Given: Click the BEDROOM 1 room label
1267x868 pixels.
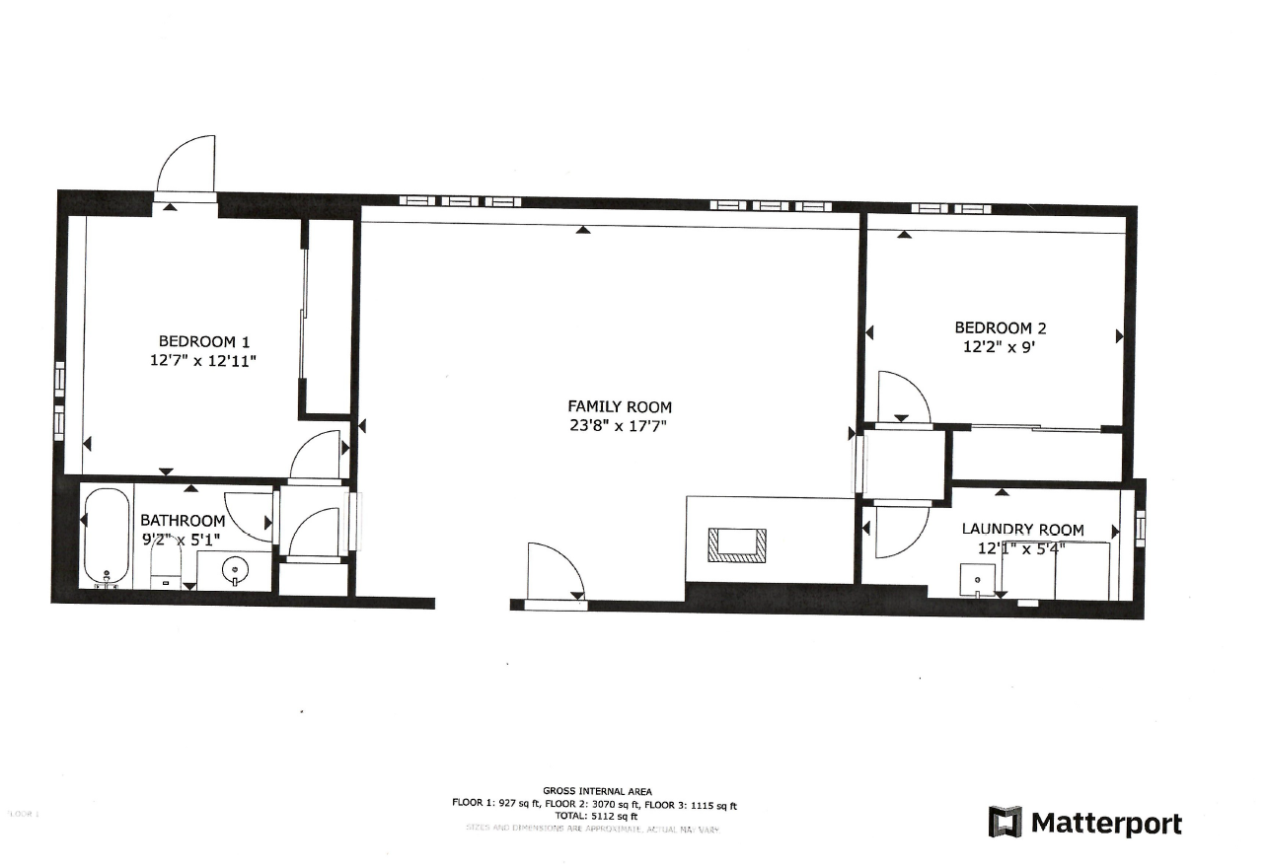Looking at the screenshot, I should pyautogui.click(x=202, y=341).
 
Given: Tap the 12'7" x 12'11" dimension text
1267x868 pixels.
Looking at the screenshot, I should pyautogui.click(x=202, y=361).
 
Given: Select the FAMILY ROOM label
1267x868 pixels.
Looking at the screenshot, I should pyautogui.click(x=620, y=406).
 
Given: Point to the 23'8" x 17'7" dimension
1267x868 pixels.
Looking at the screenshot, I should pyautogui.click(x=620, y=426).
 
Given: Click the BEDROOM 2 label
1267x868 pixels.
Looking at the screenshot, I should pyautogui.click(x=1000, y=327).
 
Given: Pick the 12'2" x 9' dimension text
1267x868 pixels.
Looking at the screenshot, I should pyautogui.click(x=1000, y=347).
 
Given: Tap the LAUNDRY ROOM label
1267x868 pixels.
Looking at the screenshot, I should pyautogui.click(x=1022, y=530).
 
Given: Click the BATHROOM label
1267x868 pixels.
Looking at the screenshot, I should pyautogui.click(x=183, y=520).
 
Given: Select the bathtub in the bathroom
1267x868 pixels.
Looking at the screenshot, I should pyautogui.click(x=106, y=539).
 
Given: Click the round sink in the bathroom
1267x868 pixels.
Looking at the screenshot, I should pyautogui.click(x=235, y=568).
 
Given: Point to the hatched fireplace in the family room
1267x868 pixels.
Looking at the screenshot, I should pyautogui.click(x=736, y=544).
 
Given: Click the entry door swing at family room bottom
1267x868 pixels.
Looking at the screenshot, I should pyautogui.click(x=553, y=572).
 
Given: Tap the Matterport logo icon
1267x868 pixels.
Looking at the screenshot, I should pyautogui.click(x=1006, y=822).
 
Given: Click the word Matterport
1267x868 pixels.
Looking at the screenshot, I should pyautogui.click(x=1106, y=823).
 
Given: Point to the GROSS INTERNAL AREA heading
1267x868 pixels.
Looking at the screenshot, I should pyautogui.click(x=593, y=790).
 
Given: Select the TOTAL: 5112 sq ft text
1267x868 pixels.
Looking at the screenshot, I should pyautogui.click(x=593, y=816).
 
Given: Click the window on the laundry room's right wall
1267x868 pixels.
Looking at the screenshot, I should pyautogui.click(x=1141, y=528).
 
